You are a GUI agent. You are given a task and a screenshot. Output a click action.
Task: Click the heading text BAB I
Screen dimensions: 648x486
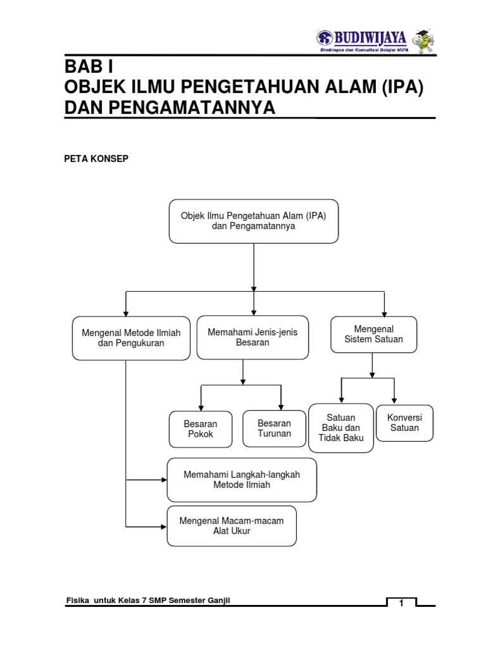click(x=89, y=67)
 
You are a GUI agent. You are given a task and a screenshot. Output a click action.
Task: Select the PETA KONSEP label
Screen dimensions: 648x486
click(x=96, y=159)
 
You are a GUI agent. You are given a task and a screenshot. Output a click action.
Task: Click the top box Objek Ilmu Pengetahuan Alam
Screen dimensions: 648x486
click(x=254, y=221)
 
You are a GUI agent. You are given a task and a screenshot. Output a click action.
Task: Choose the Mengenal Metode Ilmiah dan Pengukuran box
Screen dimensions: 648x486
click(x=131, y=338)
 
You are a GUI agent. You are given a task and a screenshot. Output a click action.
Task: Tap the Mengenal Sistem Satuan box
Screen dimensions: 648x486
click(x=373, y=334)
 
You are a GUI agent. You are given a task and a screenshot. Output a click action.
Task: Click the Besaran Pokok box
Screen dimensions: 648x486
click(x=201, y=429)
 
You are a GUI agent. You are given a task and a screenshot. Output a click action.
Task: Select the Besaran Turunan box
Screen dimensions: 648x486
click(x=274, y=428)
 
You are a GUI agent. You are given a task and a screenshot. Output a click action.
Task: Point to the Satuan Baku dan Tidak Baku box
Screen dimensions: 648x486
click(x=341, y=428)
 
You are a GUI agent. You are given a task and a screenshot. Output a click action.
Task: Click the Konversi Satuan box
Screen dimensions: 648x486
click(x=404, y=423)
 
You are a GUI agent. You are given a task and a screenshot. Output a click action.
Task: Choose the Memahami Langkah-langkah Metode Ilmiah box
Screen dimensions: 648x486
click(x=242, y=480)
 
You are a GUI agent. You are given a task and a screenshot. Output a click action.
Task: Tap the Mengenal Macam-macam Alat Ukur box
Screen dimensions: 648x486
click(x=232, y=526)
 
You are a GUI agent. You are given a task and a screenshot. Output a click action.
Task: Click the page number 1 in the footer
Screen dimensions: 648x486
click(x=401, y=604)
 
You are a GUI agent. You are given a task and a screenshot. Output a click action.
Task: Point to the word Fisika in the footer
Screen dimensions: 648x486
click(x=78, y=600)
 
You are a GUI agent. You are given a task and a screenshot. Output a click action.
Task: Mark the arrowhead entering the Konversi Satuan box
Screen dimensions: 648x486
click(x=395, y=400)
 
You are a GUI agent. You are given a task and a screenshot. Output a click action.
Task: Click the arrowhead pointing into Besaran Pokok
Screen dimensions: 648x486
click(x=201, y=406)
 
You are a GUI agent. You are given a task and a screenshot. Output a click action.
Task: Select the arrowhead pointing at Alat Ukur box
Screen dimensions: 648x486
click(x=163, y=526)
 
